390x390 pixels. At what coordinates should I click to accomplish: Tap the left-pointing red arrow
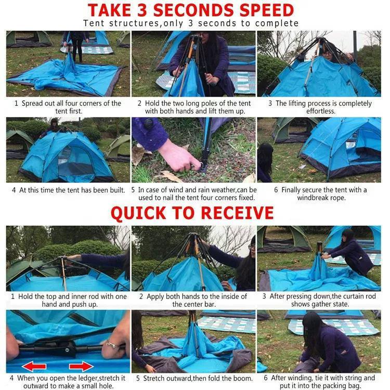[x=34, y=367]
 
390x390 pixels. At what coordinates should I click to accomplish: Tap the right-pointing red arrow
[x=81, y=367]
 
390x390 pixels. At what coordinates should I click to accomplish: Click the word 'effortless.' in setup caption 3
[x=321, y=111]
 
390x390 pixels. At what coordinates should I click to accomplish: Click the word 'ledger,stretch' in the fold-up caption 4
[x=101, y=378]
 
